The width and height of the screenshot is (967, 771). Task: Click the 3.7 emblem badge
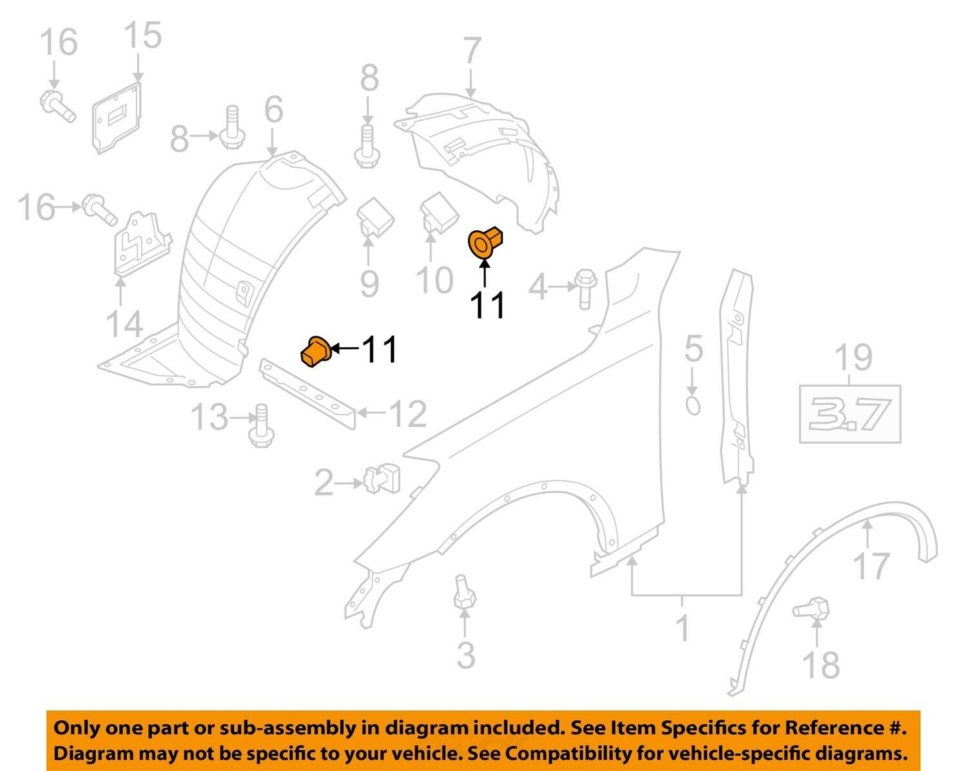[850, 414]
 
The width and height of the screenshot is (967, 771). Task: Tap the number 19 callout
[853, 358]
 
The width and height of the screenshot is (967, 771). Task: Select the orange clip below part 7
[485, 241]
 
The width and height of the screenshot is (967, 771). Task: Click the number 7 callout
[472, 51]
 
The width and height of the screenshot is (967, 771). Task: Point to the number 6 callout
[273, 110]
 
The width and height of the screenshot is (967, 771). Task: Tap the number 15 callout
[143, 35]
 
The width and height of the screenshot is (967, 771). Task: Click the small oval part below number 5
[693, 406]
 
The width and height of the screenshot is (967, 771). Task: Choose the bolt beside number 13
[261, 425]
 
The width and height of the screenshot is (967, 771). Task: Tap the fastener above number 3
[464, 591]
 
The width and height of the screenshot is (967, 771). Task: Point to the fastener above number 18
[812, 609]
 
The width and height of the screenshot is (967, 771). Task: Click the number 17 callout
[871, 566]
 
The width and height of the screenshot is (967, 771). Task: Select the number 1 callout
[683, 628]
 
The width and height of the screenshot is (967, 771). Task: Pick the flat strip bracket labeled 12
[309, 395]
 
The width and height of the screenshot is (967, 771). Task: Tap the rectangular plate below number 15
[118, 118]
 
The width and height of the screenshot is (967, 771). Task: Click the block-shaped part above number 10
[438, 213]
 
